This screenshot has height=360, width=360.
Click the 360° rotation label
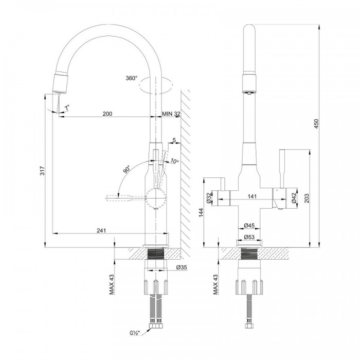(131, 78)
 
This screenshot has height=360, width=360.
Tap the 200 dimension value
(107, 114)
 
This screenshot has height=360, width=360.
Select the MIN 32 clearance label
(171, 114)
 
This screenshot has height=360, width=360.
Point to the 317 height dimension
(43, 171)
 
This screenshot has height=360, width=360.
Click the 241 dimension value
(101, 230)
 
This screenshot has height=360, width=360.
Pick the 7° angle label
(67, 107)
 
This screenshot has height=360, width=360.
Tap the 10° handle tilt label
(175, 161)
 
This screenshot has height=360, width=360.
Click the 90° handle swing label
(127, 169)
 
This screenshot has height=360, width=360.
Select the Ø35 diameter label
(182, 267)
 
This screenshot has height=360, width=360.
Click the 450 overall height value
(316, 124)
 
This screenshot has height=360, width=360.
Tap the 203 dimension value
(307, 199)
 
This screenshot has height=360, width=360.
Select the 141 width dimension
(252, 196)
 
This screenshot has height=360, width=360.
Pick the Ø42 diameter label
(295, 198)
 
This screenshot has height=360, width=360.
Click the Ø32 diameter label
(209, 198)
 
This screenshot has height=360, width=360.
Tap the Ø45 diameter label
(249, 225)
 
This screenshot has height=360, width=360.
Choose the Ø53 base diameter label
(249, 237)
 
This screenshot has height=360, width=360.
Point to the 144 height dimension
(202, 213)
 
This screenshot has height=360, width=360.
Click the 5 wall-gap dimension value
(174, 140)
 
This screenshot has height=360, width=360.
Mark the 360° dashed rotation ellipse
(156, 85)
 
